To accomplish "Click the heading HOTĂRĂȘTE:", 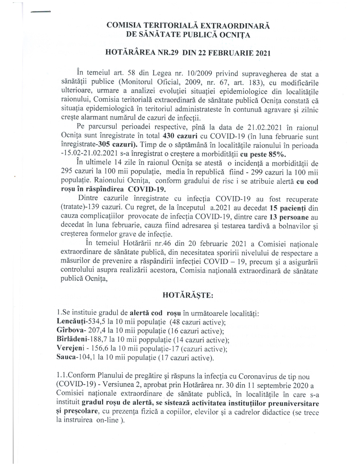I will [188, 295].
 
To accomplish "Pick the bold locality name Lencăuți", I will [69, 322].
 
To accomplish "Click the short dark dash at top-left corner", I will [41, 12].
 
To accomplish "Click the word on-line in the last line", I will [106, 420].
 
